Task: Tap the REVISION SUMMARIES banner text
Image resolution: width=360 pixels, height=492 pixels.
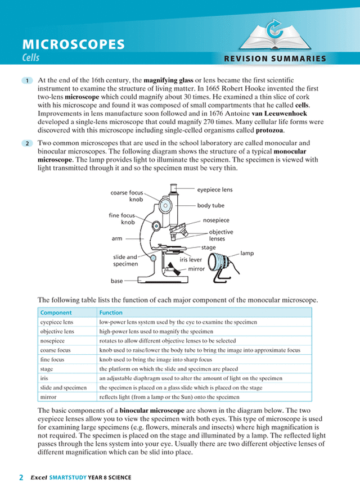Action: click(x=275, y=58)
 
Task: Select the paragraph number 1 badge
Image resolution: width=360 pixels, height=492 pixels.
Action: click(x=28, y=81)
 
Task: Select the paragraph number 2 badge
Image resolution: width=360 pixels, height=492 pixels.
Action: click(x=28, y=144)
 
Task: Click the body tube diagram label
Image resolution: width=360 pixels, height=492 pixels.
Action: click(x=211, y=206)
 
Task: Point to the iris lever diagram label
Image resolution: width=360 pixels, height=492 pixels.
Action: click(x=191, y=260)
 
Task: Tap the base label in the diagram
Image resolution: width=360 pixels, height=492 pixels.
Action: click(x=116, y=280)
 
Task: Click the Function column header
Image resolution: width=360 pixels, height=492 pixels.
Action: click(x=111, y=313)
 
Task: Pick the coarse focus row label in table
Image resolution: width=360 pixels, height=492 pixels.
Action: click(x=56, y=350)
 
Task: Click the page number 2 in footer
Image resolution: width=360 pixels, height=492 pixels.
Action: click(x=21, y=477)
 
